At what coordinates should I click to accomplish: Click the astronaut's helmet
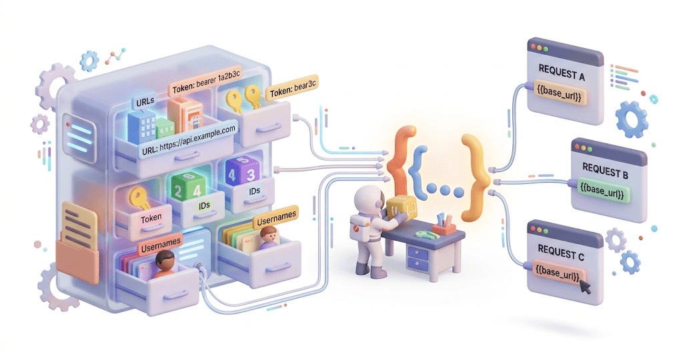click(x=367, y=201)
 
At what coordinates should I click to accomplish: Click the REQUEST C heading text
click(x=560, y=253)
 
